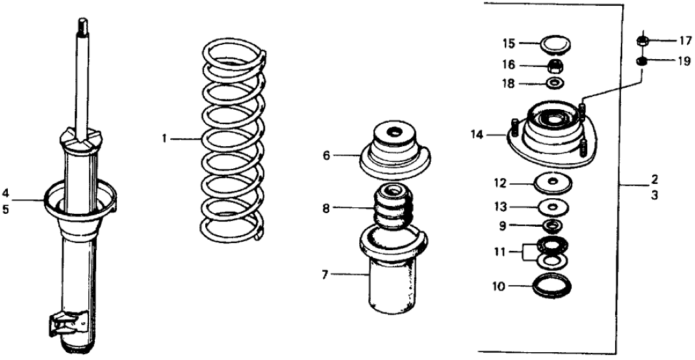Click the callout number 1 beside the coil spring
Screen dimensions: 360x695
pyautogui.click(x=165, y=138)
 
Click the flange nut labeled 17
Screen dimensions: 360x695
pyautogui.click(x=642, y=41)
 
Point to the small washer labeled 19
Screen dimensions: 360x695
pyautogui.click(x=642, y=62)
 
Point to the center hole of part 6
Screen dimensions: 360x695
pyautogui.click(x=394, y=134)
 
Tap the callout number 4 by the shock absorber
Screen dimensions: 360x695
pyautogui.click(x=5, y=192)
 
